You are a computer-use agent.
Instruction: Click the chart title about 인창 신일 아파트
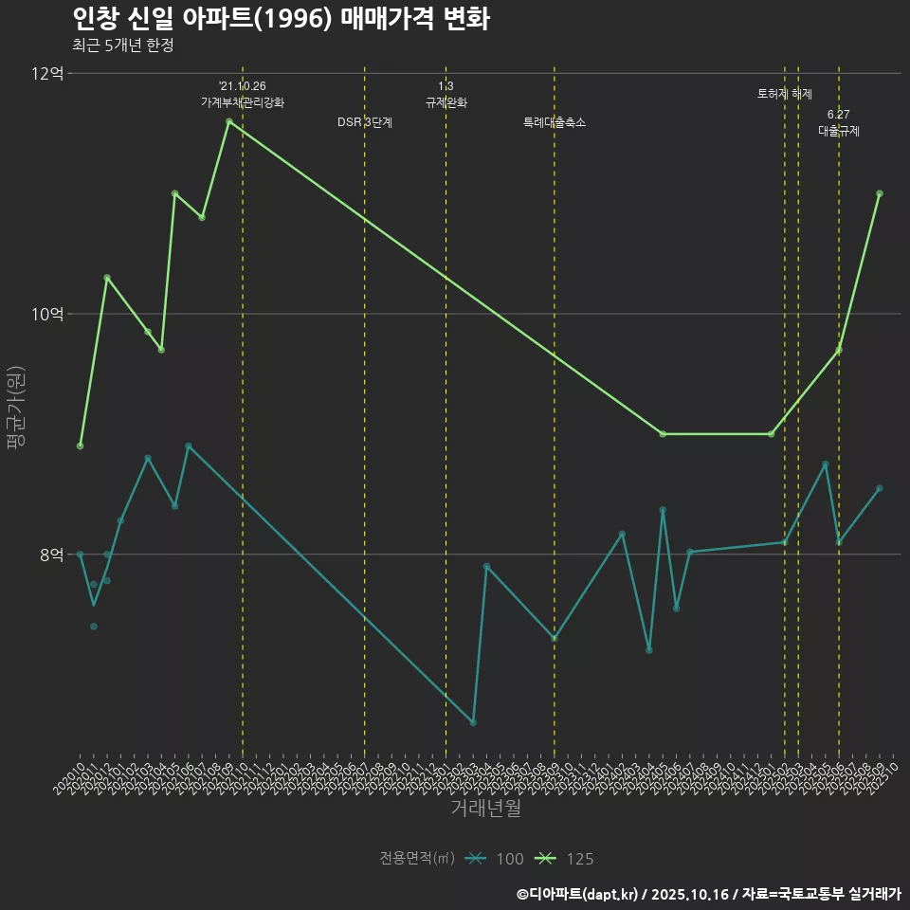(281, 19)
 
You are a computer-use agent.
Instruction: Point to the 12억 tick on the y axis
(47, 74)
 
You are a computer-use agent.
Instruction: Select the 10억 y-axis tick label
(47, 314)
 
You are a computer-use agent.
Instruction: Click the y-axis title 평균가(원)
(16, 412)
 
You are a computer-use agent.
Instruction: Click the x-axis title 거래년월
(485, 809)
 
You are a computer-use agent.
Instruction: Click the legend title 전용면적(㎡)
(417, 859)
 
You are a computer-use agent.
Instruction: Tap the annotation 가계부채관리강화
(242, 102)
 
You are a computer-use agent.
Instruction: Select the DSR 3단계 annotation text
(365, 122)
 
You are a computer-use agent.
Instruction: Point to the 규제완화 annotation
(446, 102)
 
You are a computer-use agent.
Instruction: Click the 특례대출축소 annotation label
(555, 122)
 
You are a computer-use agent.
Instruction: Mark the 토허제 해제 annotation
(785, 94)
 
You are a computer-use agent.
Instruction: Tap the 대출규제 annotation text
(839, 132)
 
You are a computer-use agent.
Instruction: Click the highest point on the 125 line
(229, 121)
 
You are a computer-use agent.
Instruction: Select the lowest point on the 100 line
(473, 722)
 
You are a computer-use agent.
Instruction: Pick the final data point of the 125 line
(880, 193)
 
